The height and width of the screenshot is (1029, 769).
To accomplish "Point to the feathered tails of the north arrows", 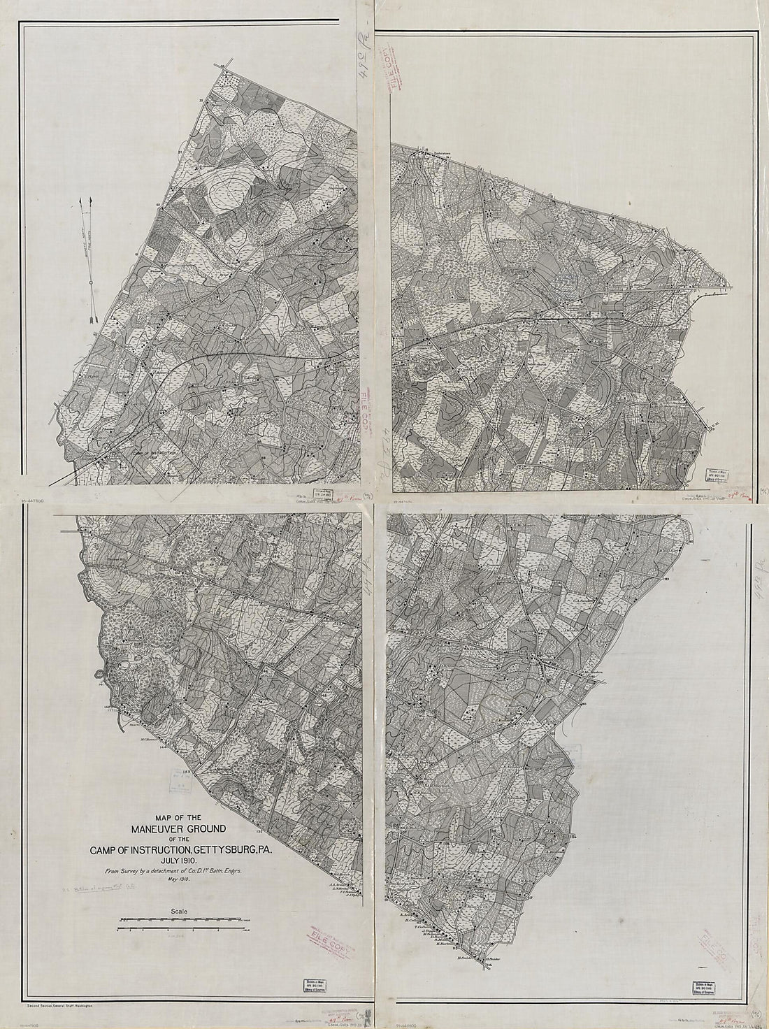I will [x=93, y=318].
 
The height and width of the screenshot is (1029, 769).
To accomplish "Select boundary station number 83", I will [x=668, y=580].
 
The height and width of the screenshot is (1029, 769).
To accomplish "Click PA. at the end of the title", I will [x=269, y=850].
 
